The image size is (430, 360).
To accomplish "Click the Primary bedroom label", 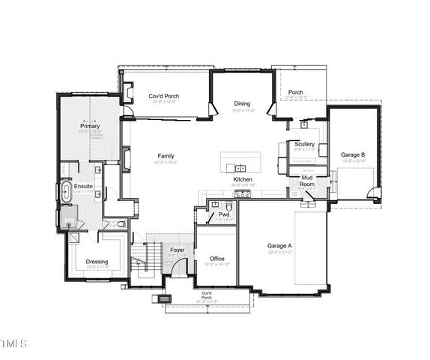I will pos(90,126).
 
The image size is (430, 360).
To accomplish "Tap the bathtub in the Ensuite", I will pos(65,191).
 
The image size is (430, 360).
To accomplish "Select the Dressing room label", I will pos(97,262).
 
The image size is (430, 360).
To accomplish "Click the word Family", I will pos(166,156).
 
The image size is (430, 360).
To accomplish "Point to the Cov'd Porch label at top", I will pos(163,97).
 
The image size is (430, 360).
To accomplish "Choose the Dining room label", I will pos(241,104).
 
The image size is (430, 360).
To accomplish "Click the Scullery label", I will pos(304,144).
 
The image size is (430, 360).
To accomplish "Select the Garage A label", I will pos(279,245).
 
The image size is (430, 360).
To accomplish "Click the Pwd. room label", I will pos(223,214).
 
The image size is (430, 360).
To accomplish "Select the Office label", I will pos(216,259).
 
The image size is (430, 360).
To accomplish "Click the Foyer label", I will pos(177,250).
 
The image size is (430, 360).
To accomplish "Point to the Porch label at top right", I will pos(295,92).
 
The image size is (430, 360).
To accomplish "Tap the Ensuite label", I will pos(83,185).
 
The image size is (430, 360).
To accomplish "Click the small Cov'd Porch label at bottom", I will pos(207,294).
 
